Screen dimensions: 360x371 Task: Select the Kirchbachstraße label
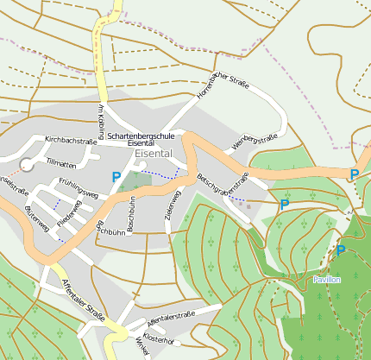[x=70, y=139]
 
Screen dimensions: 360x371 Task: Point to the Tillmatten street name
[x=61, y=162]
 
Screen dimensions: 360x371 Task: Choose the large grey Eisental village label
[x=154, y=153]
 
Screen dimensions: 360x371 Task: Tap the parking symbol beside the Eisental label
[x=116, y=176]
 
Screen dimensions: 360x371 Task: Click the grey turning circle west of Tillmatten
[x=26, y=164]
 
